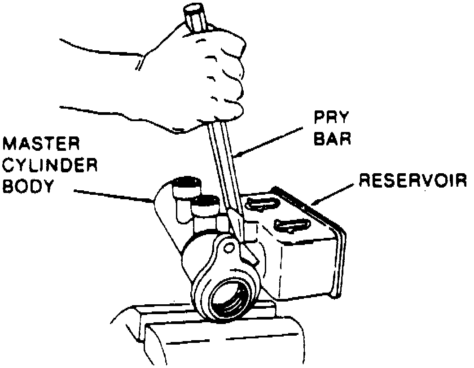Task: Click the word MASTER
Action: (42, 145)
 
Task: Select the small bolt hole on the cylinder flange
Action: (229, 246)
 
